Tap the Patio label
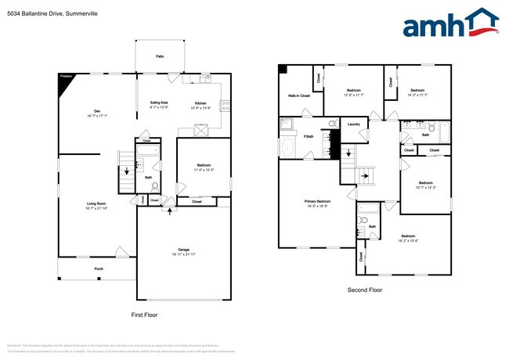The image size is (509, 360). tap(160, 56)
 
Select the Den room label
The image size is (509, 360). tap(98, 111)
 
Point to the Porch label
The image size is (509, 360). tap(99, 268)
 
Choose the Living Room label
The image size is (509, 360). tap(96, 204)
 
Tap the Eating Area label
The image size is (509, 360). tap(160, 103)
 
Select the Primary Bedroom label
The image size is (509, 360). tap(316, 201)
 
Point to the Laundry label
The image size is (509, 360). tap(353, 124)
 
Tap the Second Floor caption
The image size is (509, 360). tap(365, 290)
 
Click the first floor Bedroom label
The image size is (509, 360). tap(203, 166)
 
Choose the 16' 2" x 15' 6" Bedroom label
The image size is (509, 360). tap(409, 236)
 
